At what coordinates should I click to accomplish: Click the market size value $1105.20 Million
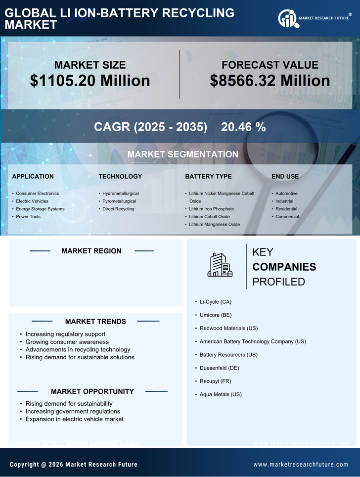point(90,81)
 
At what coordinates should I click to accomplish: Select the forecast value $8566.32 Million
point(270,81)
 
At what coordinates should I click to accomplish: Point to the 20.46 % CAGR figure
point(243,127)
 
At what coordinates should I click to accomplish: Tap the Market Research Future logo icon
point(288,18)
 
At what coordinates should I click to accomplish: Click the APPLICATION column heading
point(33,176)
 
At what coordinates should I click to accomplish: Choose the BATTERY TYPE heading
point(208,176)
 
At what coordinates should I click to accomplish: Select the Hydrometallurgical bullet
point(120,193)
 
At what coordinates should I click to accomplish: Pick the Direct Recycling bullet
point(118,209)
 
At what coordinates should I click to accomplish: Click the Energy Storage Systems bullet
point(40,209)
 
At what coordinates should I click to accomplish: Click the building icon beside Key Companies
point(220,265)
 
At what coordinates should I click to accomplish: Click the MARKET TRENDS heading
point(95,322)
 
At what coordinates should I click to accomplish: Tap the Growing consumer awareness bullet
point(67,342)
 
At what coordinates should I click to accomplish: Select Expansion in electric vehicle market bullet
point(74,419)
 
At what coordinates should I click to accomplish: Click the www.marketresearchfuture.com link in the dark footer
point(301,465)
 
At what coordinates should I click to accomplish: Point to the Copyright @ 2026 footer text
point(74,465)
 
